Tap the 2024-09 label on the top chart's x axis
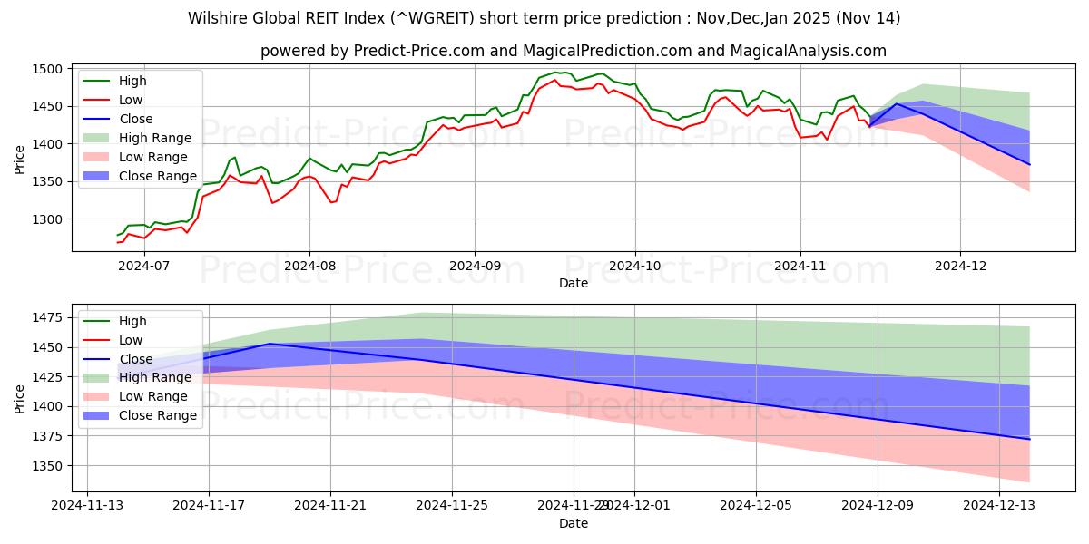click(x=474, y=266)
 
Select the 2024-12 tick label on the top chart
click(x=961, y=266)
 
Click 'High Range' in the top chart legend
click(x=162, y=138)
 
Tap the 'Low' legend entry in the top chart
click(x=131, y=100)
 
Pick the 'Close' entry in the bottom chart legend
click(x=136, y=359)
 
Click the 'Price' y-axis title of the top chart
click(x=20, y=159)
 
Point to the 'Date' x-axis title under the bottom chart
click(x=573, y=523)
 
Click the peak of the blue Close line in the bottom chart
click(x=270, y=344)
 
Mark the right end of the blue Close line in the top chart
click(x=1030, y=164)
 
